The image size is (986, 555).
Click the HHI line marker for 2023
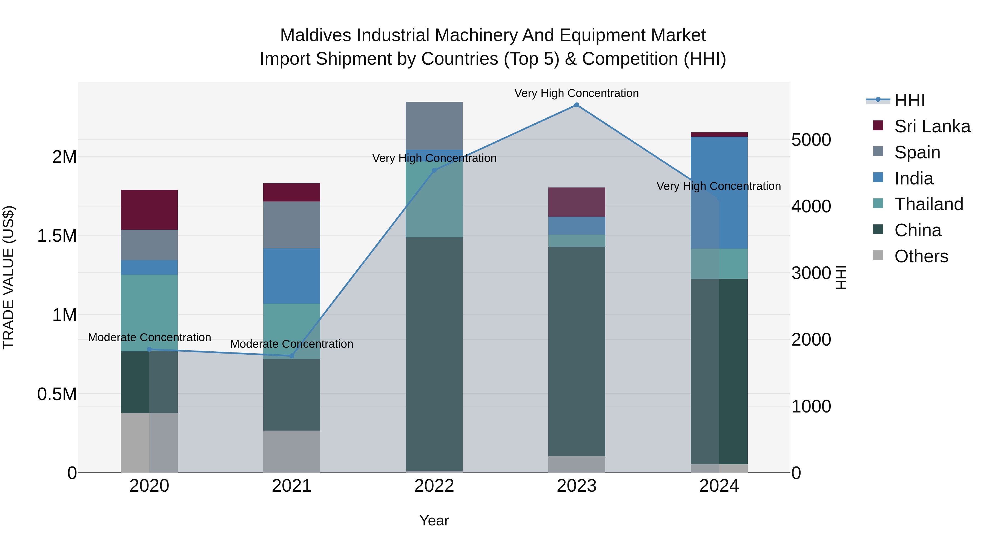point(577,105)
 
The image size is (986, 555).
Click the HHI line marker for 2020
point(149,349)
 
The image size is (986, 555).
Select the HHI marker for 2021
point(292,356)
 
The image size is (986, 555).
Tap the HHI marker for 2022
point(434,170)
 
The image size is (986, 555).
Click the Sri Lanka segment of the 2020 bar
point(149,210)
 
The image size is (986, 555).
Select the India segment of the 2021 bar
point(292,276)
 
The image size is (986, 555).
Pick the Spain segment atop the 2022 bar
point(434,126)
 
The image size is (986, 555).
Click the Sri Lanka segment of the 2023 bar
point(577,202)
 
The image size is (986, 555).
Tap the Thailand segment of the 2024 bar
point(719,263)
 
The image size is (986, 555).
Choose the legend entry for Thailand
point(928,204)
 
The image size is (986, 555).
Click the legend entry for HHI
point(909,100)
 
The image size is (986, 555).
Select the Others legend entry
point(921,256)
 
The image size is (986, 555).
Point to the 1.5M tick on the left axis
point(57,236)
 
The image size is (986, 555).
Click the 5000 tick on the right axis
point(811,140)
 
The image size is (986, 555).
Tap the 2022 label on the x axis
point(434,486)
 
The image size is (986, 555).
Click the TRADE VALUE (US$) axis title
point(8,277)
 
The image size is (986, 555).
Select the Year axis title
point(434,520)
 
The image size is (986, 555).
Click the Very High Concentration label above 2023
point(577,93)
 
